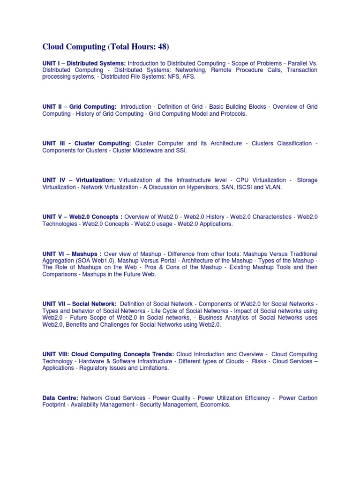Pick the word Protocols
[x=232, y=114]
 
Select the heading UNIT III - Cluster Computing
[x=86, y=143]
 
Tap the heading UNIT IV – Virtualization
[x=78, y=180]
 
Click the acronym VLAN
[x=273, y=187]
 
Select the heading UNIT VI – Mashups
[x=72, y=254]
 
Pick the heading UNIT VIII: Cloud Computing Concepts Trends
[x=108, y=354]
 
